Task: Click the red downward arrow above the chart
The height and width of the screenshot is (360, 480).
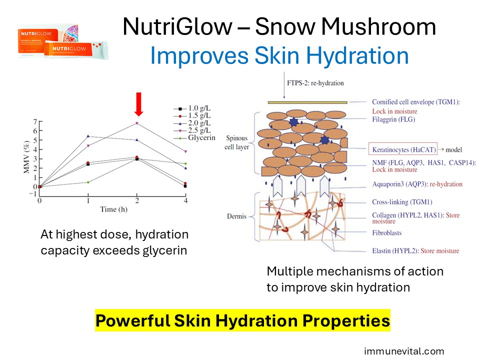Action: [138, 104]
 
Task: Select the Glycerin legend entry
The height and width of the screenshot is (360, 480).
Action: [194, 138]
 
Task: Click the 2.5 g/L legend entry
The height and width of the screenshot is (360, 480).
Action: [192, 130]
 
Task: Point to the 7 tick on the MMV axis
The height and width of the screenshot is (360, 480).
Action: [35, 122]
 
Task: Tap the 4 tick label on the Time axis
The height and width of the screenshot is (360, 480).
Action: [185, 201]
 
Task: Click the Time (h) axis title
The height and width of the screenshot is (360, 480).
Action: [113, 209]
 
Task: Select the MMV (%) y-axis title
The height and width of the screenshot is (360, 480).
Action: [26, 157]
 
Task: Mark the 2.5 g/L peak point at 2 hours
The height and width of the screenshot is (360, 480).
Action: [137, 123]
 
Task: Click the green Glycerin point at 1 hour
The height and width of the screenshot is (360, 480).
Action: [88, 182]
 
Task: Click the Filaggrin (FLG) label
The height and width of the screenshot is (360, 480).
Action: [393, 119]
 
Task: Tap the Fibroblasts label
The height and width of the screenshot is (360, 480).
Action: [386, 233]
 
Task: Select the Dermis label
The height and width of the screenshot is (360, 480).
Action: [236, 216]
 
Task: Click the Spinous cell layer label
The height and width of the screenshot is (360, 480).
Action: [236, 142]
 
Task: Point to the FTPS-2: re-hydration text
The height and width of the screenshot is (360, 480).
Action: [315, 83]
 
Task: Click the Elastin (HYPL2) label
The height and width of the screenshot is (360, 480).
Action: [395, 251]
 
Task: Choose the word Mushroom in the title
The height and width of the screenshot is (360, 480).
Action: [378, 26]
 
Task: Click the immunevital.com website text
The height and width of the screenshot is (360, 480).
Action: [404, 351]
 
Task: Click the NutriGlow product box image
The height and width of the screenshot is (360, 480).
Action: [63, 41]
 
